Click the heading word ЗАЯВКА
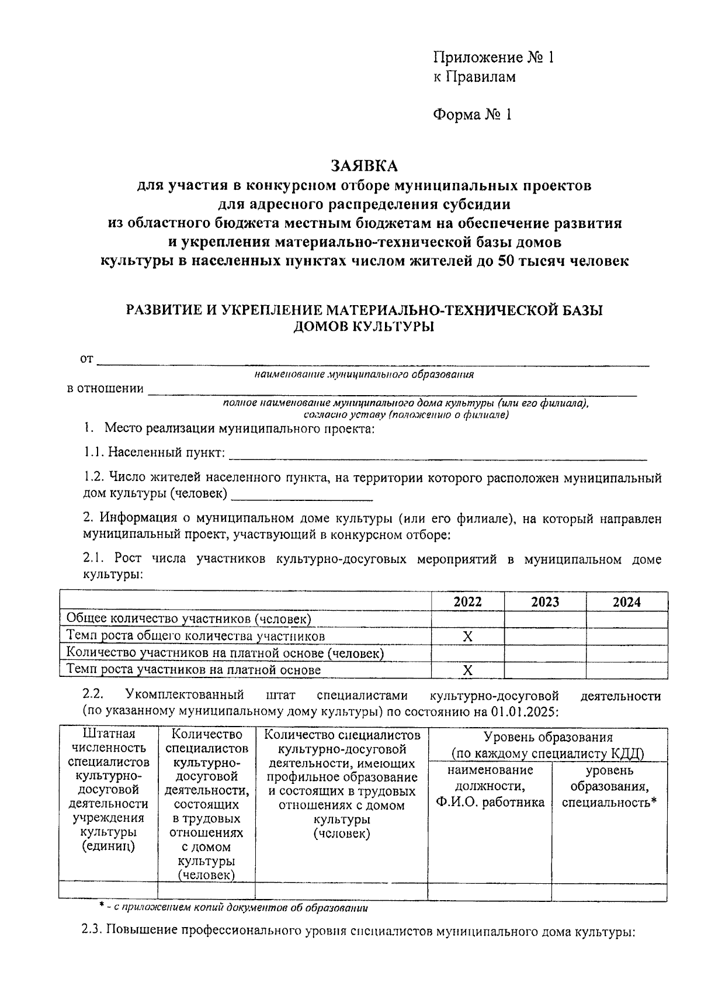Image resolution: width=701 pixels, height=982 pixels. coord(364,167)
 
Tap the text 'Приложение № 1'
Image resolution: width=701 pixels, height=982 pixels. coord(492,57)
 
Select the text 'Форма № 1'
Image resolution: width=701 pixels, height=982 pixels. coord(472,115)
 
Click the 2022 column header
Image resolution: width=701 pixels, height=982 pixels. coord(467,602)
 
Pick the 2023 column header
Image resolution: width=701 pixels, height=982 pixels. coord(544,602)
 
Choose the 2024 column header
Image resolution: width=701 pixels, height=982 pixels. coord(626,602)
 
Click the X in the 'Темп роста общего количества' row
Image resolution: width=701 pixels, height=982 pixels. coord(467,637)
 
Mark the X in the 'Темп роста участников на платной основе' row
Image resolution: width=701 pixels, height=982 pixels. coord(467,670)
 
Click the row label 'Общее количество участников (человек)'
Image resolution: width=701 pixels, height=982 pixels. coord(188,619)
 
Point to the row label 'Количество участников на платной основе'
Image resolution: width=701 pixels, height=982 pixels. coord(225,653)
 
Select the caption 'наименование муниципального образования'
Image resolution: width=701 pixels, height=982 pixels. coord(364,375)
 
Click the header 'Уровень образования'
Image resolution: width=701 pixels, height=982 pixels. coord(548,738)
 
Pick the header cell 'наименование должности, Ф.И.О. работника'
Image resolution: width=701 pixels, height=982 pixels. coord(490,786)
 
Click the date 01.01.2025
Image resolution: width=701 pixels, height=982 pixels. coord(529,713)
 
